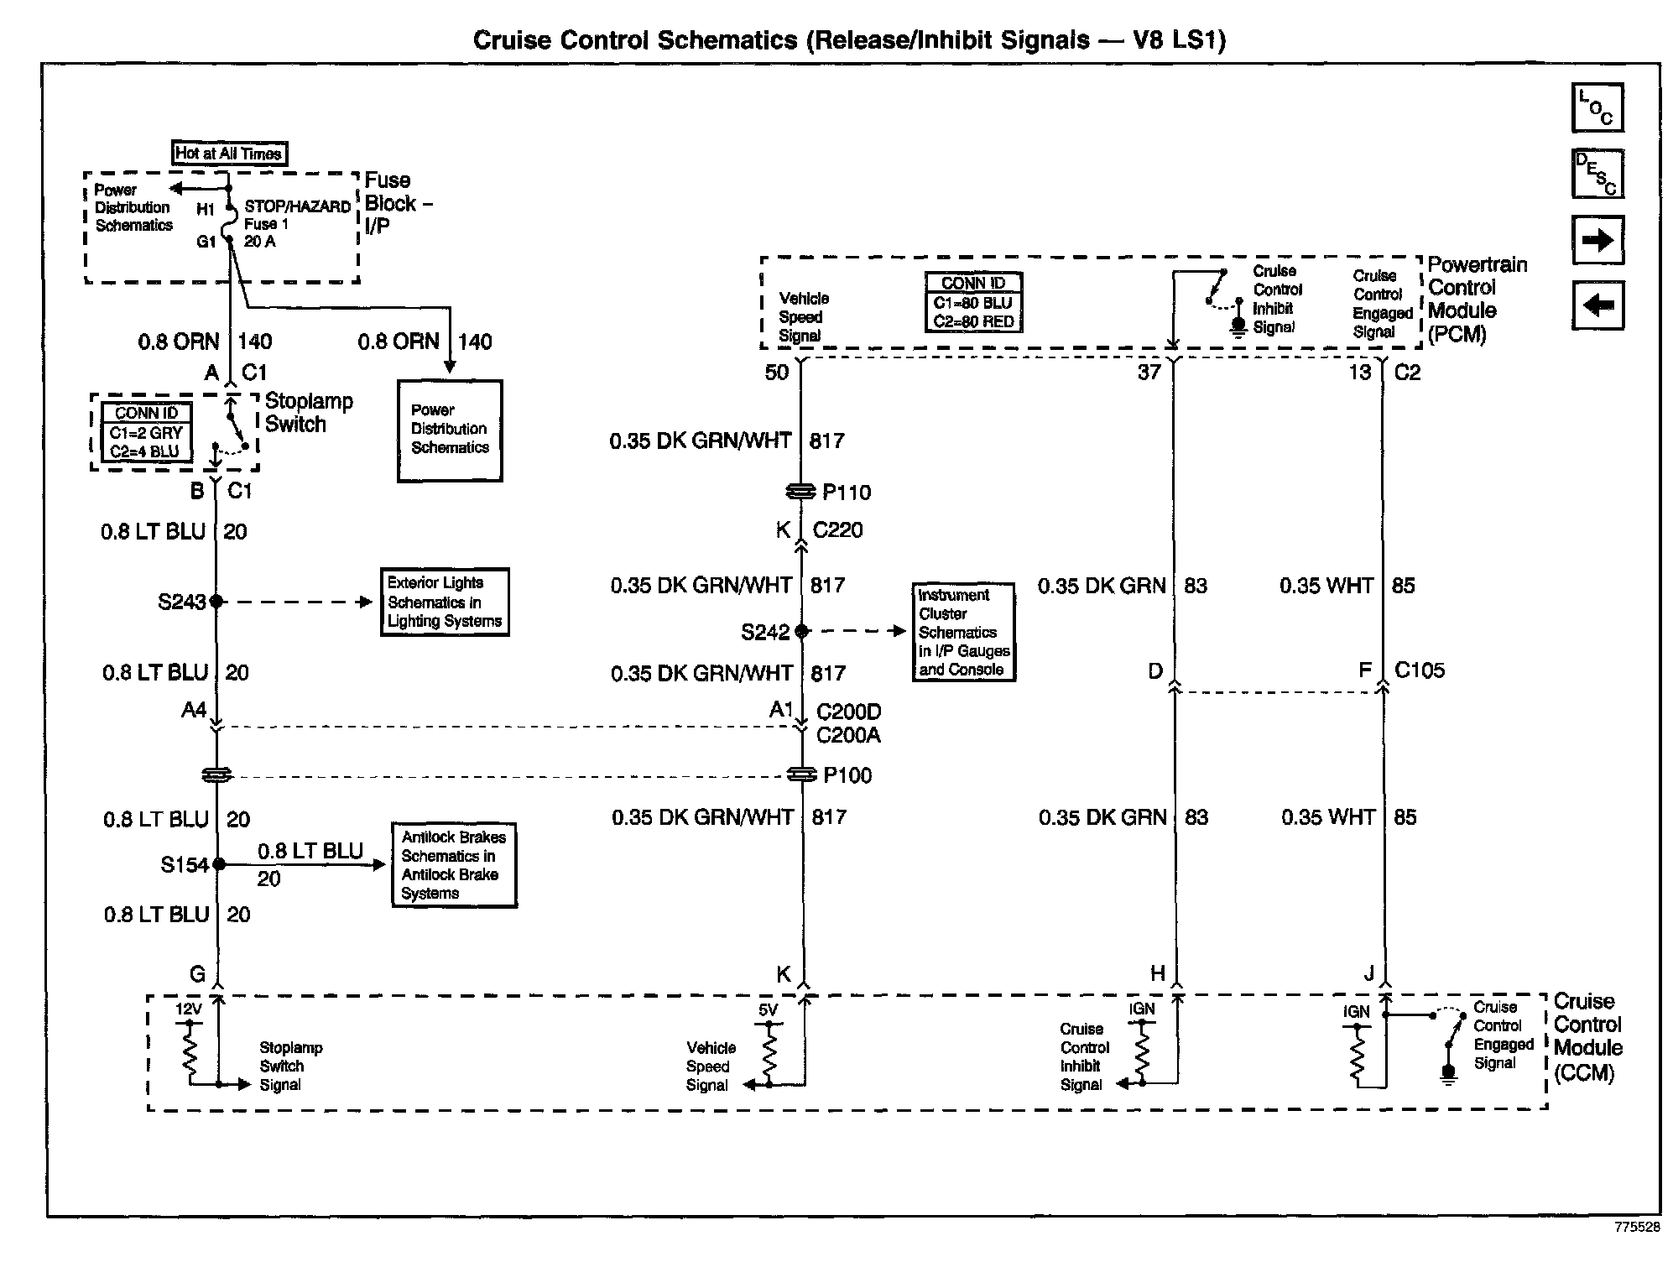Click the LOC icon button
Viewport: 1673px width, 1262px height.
point(1597,107)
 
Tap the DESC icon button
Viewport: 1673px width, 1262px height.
point(1597,174)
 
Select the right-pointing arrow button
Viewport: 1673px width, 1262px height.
point(1597,240)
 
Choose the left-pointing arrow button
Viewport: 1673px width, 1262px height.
point(1597,305)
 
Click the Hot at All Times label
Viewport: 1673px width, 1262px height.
point(228,154)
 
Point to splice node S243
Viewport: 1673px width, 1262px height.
point(216,602)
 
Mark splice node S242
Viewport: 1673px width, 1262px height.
point(801,631)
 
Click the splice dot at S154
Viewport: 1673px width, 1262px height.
point(219,863)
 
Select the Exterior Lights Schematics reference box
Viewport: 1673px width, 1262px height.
point(445,602)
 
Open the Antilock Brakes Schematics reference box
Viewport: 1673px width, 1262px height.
point(454,865)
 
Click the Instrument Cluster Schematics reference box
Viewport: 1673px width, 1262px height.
point(963,632)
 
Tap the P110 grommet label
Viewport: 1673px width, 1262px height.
point(847,493)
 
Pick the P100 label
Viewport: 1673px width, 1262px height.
point(847,775)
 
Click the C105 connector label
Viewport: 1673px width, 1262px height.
point(1420,670)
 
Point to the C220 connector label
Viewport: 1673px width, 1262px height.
point(837,530)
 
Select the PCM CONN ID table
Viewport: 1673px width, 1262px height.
point(973,302)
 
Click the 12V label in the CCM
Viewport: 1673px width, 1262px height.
point(189,1009)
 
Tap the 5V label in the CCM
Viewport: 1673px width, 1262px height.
point(768,1010)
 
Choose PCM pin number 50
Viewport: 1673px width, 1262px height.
point(777,373)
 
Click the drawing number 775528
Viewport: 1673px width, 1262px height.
point(1637,1227)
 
